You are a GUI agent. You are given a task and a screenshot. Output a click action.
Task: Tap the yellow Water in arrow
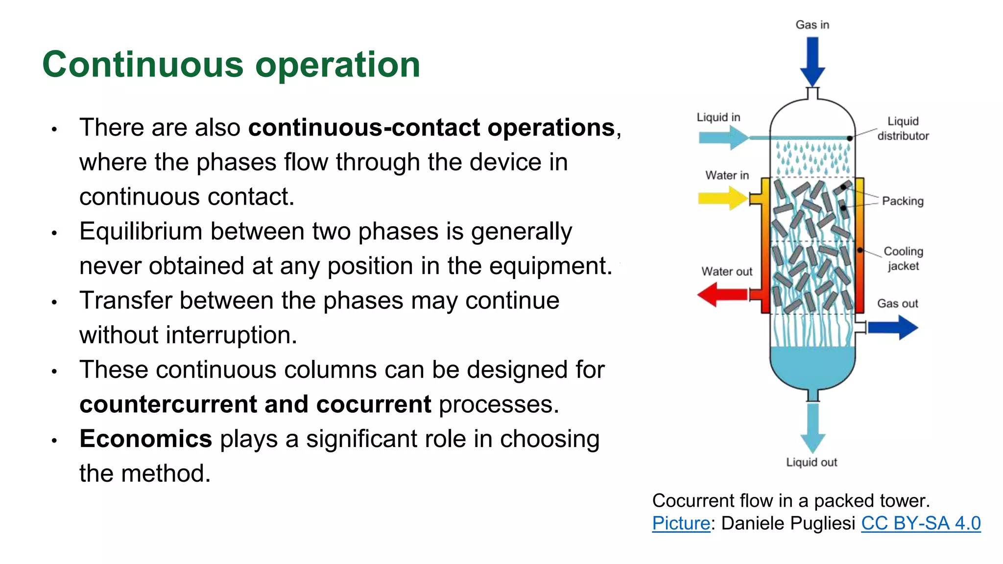(722, 198)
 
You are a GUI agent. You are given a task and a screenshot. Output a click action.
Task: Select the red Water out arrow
(722, 295)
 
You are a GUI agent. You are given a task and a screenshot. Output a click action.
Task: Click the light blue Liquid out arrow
(812, 427)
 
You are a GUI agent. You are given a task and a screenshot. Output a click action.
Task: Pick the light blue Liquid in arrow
(723, 138)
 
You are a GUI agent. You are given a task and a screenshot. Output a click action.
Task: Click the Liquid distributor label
(903, 128)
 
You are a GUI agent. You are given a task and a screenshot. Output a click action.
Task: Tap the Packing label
(903, 201)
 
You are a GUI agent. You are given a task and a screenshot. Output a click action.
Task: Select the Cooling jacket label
(903, 258)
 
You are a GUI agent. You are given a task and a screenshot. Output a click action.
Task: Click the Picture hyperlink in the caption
(681, 523)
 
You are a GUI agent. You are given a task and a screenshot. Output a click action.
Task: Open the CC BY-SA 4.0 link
(921, 523)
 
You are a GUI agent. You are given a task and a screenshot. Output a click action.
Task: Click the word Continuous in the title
(143, 65)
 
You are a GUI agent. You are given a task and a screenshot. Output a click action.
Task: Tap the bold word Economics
(145, 439)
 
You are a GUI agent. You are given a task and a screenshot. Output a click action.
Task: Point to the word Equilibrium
(141, 231)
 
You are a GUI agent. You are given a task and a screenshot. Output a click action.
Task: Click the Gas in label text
(812, 24)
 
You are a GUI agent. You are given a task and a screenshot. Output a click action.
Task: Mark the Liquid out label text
(812, 462)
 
